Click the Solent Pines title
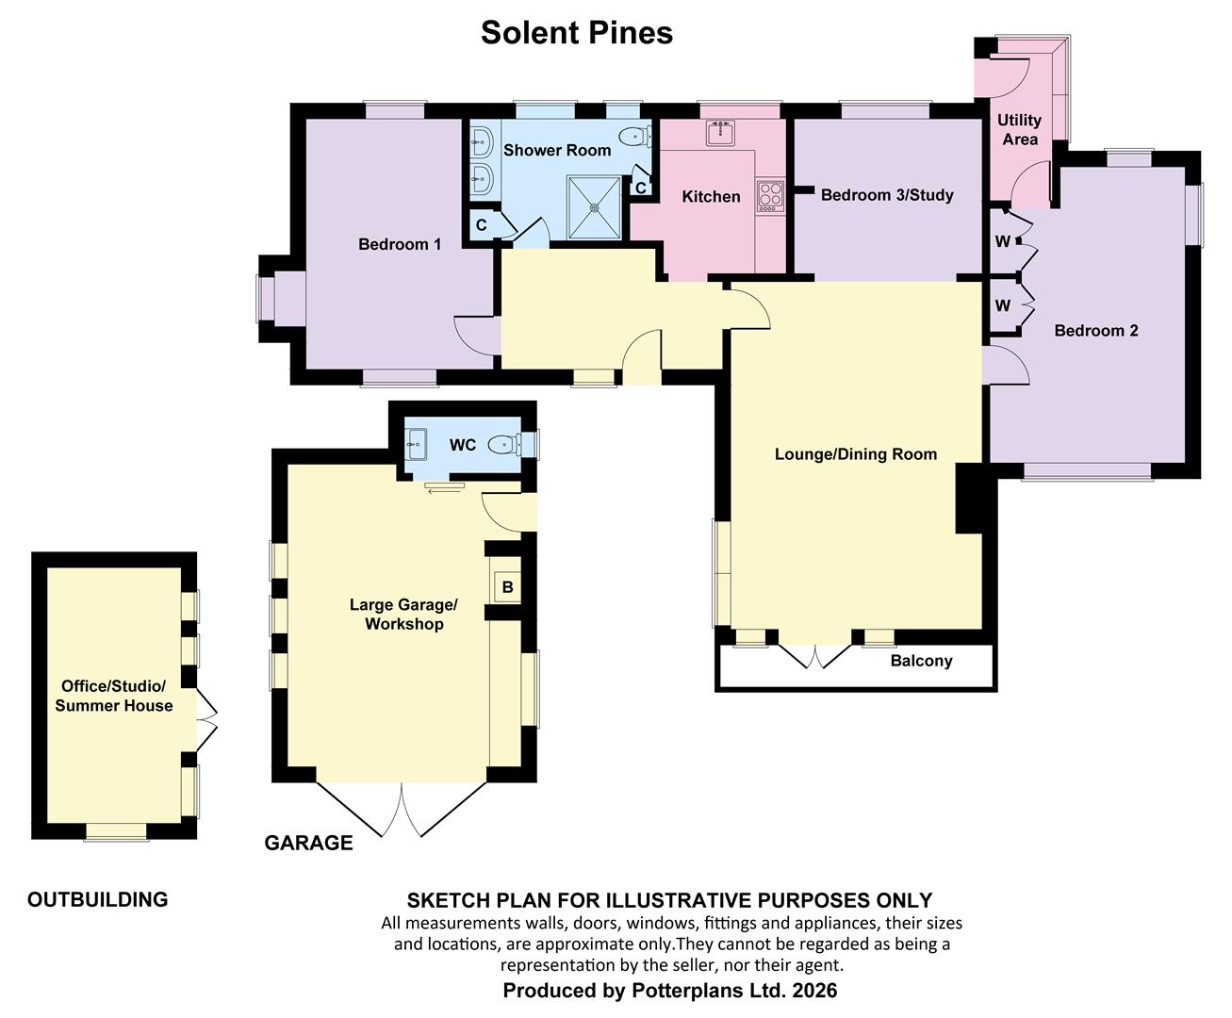[x=576, y=33]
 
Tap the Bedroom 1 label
[x=400, y=245]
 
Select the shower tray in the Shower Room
[x=595, y=207]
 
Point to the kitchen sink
[x=721, y=133]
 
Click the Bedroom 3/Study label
[x=887, y=195]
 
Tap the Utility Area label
[x=1019, y=130]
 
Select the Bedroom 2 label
[x=1095, y=331]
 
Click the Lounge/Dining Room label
[x=855, y=454]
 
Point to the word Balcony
[x=921, y=661]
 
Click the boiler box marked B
[x=507, y=588]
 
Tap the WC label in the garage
[x=463, y=445]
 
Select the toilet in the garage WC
[x=506, y=444]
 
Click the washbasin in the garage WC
[x=417, y=442]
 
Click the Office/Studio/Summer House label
[x=114, y=696]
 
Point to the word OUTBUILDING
[x=97, y=899]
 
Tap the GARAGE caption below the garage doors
[x=308, y=843]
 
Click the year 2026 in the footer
[x=814, y=991]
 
